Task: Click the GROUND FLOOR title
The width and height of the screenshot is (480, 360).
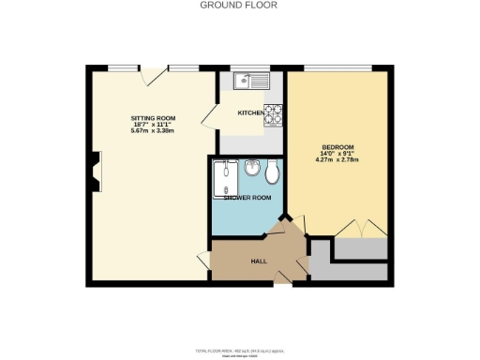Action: tap(239, 5)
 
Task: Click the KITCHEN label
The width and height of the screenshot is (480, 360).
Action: tap(250, 113)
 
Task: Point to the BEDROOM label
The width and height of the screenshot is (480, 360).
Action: tap(337, 148)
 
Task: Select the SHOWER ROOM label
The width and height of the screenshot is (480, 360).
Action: tap(247, 198)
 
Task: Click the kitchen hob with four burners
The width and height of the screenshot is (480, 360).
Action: tap(272, 114)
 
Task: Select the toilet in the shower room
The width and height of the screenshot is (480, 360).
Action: tap(272, 172)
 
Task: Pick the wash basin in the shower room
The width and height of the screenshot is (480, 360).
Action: tap(252, 170)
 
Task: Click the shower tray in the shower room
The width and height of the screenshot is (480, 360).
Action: tap(225, 178)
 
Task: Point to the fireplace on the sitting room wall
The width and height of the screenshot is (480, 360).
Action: tap(95, 175)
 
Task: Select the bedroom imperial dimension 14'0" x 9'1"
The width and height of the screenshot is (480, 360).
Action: tap(339, 155)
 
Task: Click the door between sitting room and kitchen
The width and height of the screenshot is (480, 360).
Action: tap(209, 118)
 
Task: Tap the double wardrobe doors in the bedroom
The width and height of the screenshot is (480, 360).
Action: tap(360, 230)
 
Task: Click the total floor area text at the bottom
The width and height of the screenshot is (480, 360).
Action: tap(239, 349)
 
